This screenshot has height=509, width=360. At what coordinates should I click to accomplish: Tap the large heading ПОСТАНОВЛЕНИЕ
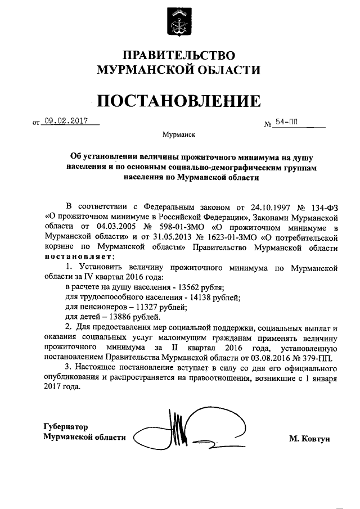point(179,101)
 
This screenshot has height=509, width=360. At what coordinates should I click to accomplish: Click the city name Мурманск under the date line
point(179,135)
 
